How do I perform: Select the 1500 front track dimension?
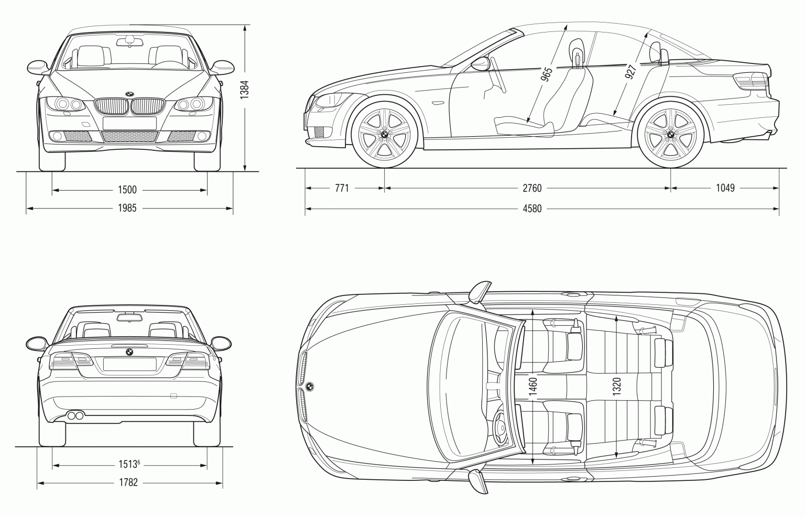[x=127, y=190]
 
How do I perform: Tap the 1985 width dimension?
[x=127, y=208]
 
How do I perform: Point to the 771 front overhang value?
[x=341, y=188]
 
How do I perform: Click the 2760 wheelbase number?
[x=531, y=188]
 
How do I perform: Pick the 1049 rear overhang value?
[x=725, y=188]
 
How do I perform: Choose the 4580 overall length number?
[x=531, y=209]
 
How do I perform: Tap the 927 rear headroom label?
[x=630, y=71]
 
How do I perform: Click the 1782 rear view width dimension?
[x=127, y=482]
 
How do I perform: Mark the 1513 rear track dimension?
[x=127, y=464]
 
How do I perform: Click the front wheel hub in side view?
[x=384, y=135]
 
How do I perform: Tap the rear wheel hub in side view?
[x=670, y=135]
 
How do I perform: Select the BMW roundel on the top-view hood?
[x=310, y=387]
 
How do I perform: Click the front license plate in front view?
[x=129, y=123]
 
